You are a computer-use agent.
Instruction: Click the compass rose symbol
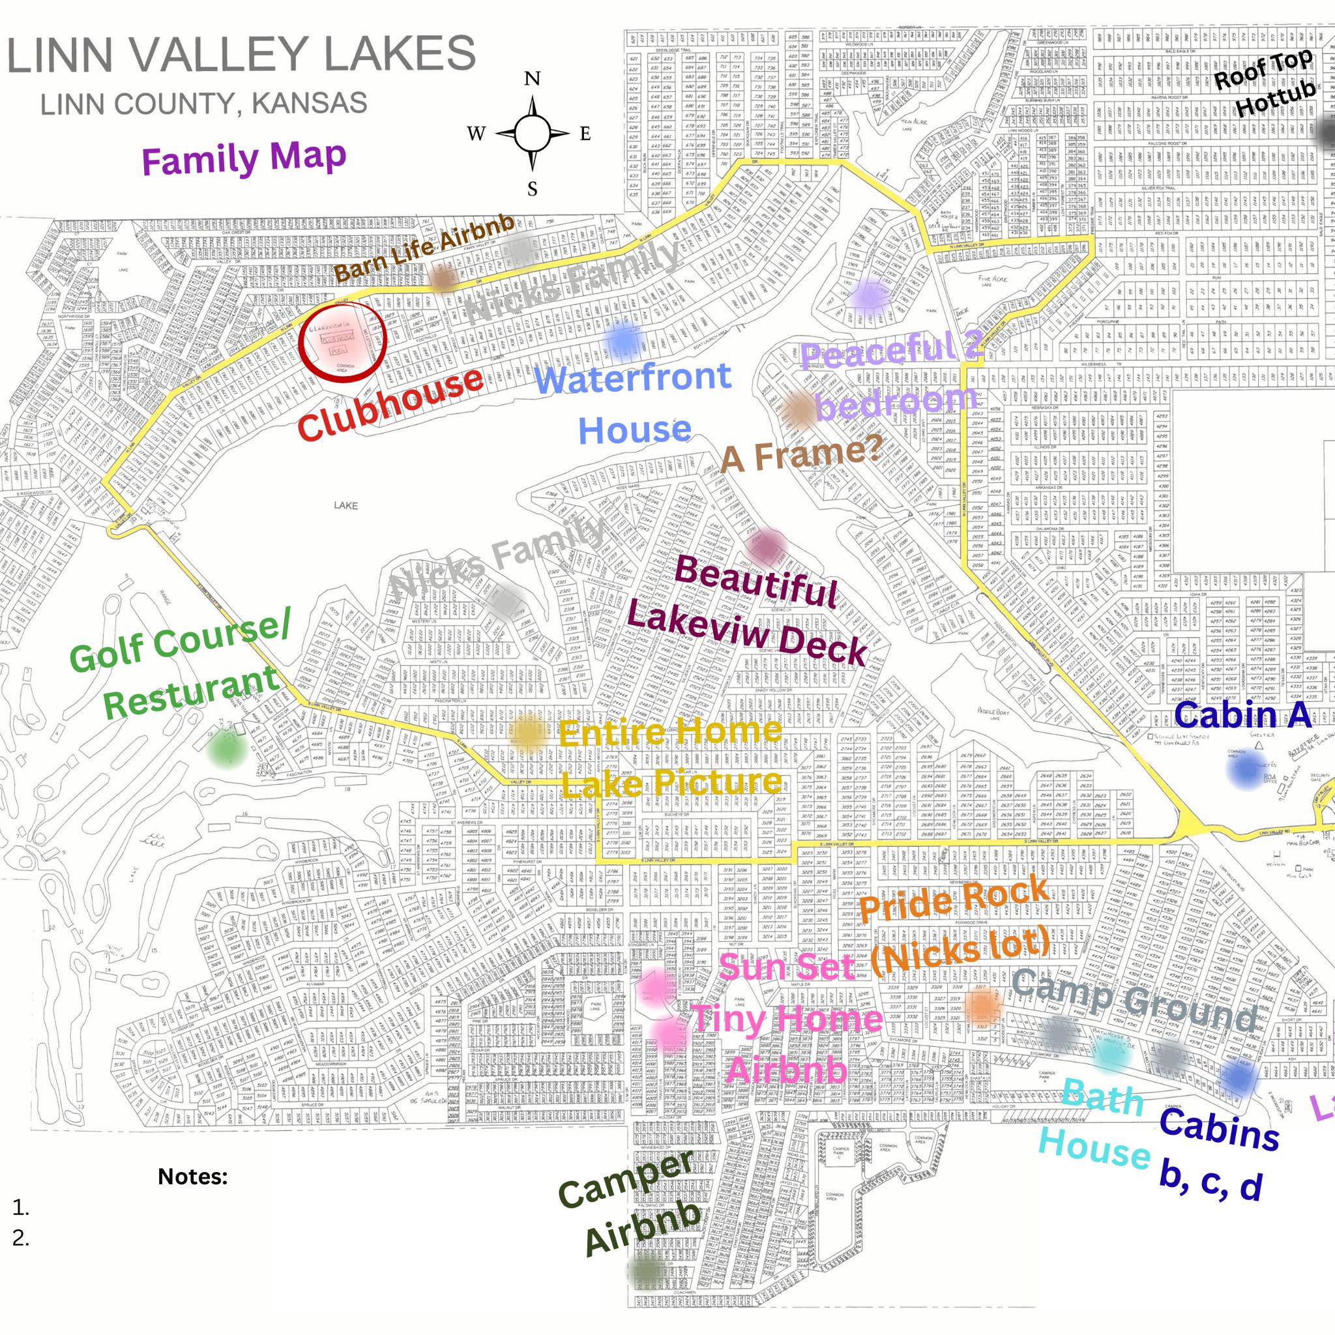(532, 134)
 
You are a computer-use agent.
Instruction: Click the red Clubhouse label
(390, 405)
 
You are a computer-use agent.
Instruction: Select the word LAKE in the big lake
(345, 506)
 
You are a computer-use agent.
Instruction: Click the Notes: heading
(193, 1177)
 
